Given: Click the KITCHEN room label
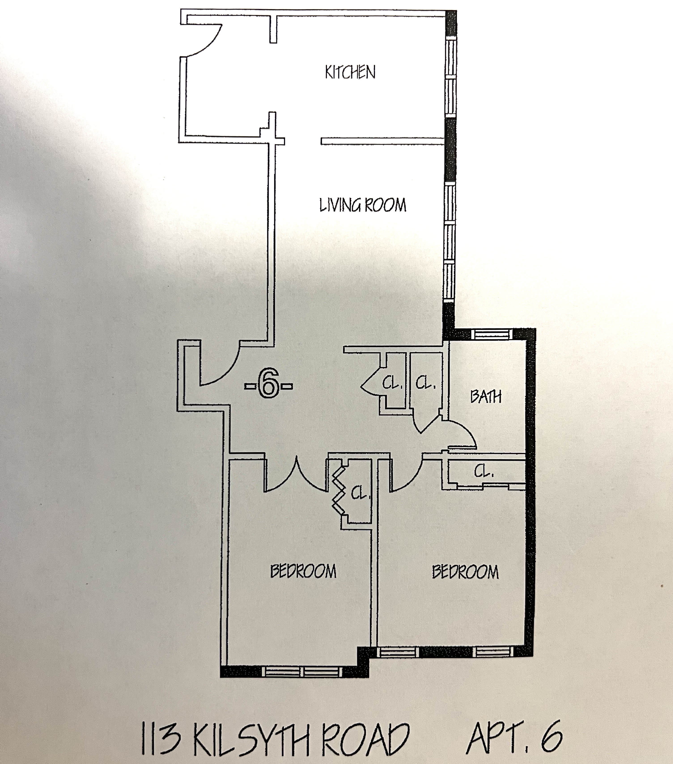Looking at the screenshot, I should click(350, 72).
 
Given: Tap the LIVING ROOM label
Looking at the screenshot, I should click(362, 205).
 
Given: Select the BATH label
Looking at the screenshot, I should click(486, 396).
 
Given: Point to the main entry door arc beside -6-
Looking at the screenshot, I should click(224, 370).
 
